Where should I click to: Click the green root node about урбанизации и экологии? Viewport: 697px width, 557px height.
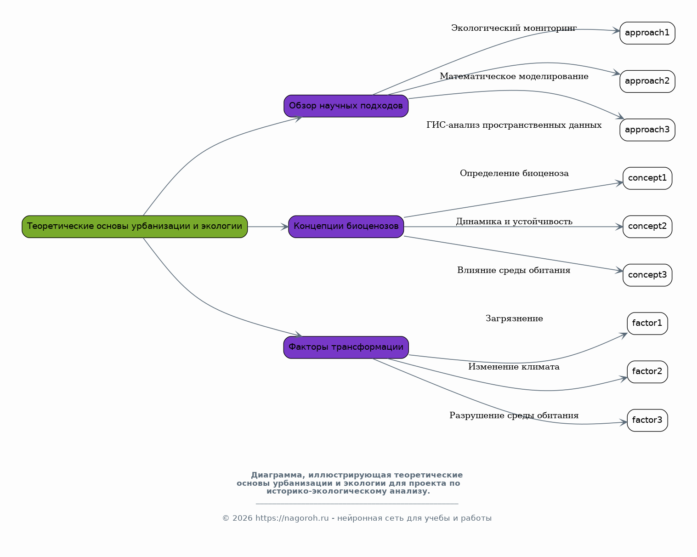click(135, 227)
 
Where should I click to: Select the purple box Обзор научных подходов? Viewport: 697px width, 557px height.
click(346, 106)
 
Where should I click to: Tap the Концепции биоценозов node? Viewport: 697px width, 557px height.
click(346, 227)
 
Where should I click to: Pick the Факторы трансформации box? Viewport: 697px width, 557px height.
click(346, 347)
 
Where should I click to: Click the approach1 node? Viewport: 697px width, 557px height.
click(647, 33)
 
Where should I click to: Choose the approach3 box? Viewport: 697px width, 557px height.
click(647, 130)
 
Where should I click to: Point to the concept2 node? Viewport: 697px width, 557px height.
click(647, 227)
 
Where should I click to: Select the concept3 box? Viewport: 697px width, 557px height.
click(647, 275)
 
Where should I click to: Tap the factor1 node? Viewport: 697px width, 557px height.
click(647, 323)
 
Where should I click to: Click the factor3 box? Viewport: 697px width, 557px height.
click(647, 420)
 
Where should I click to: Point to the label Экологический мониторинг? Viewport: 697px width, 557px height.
click(514, 28)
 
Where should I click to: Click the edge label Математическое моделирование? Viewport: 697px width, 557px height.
click(514, 76)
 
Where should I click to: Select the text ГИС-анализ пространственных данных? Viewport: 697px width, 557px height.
click(514, 125)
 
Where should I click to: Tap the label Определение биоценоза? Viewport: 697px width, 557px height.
click(514, 173)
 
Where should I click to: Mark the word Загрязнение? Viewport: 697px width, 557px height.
click(514, 318)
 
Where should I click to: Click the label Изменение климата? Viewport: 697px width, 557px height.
click(514, 367)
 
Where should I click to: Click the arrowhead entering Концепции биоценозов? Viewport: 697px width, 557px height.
click(284, 227)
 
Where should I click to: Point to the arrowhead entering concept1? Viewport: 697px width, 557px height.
click(619, 183)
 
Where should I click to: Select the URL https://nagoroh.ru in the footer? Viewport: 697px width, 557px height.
click(292, 518)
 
